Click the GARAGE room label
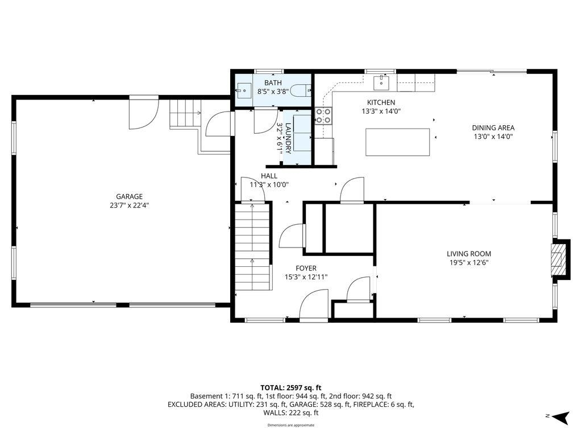pyautogui.click(x=130, y=196)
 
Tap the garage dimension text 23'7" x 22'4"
pyautogui.click(x=130, y=205)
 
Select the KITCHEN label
pyautogui.click(x=380, y=102)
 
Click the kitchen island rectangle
pyautogui.click(x=397, y=142)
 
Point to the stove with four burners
pyautogui.click(x=323, y=116)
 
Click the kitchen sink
pyautogui.click(x=381, y=83)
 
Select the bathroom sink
pyautogui.click(x=244, y=90)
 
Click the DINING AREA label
pyautogui.click(x=493, y=128)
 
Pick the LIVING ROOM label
pyautogui.click(x=468, y=254)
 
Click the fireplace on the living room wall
pyautogui.click(x=560, y=259)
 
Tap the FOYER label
pyautogui.click(x=306, y=269)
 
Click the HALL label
pyautogui.click(x=269, y=176)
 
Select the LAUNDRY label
pyautogui.click(x=288, y=138)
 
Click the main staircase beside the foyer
pyautogui.click(x=252, y=248)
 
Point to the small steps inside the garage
pyautogui.click(x=183, y=113)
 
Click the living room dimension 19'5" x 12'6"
pyautogui.click(x=468, y=263)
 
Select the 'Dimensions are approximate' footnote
pyautogui.click(x=290, y=425)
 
